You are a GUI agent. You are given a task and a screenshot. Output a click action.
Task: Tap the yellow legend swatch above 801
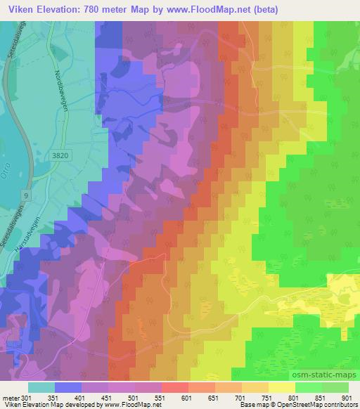pyautogui.click(x=282, y=387)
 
